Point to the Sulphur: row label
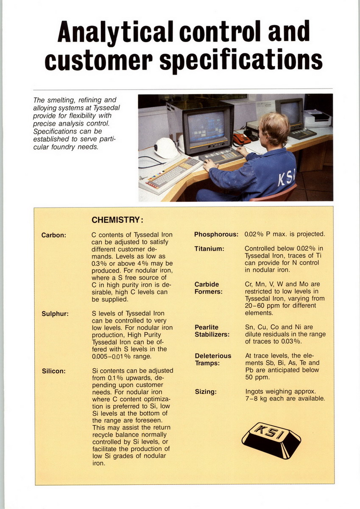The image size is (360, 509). tap(55, 314)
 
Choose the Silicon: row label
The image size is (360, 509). tap(53, 371)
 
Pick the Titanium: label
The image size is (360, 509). tap(209, 249)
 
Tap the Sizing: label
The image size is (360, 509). tap(206, 392)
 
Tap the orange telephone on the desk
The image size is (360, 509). tap(242, 139)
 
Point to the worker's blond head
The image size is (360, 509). tap(275, 128)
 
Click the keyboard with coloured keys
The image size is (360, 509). tap(170, 174)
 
